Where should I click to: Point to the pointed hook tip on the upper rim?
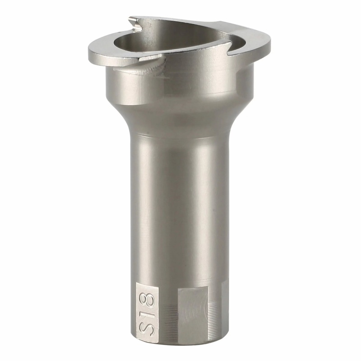tap(131, 19)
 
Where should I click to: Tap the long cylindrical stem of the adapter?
tap(180, 203)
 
